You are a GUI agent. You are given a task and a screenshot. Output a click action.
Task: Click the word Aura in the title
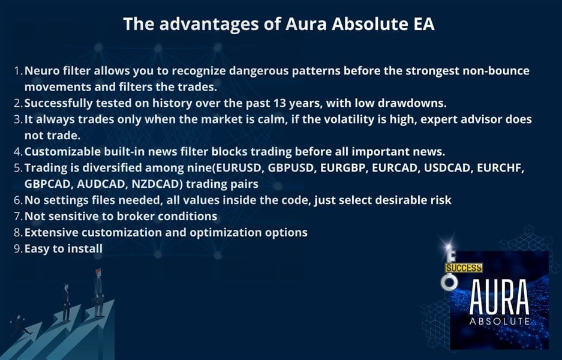pyautogui.click(x=306, y=24)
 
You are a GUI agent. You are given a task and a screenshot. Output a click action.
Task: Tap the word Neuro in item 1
pyautogui.click(x=41, y=71)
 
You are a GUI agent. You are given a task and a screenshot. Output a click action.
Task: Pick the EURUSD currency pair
pyautogui.click(x=238, y=168)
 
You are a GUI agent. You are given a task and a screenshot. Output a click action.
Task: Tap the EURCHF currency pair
pyautogui.click(x=500, y=168)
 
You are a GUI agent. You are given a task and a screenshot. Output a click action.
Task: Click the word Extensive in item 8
pyautogui.click(x=51, y=232)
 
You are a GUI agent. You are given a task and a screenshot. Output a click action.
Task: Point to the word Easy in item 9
pyautogui.click(x=37, y=248)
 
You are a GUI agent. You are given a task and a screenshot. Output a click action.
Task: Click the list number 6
pyautogui.click(x=18, y=200)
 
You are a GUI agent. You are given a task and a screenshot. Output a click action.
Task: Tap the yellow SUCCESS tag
pyautogui.click(x=464, y=268)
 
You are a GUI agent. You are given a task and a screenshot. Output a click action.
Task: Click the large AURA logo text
pyautogui.click(x=499, y=297)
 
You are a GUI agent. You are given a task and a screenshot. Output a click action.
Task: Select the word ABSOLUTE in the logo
pyautogui.click(x=499, y=321)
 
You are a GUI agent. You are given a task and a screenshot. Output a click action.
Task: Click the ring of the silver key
pyautogui.click(x=449, y=283)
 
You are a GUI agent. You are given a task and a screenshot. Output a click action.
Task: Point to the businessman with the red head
pyautogui.click(x=98, y=292)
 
